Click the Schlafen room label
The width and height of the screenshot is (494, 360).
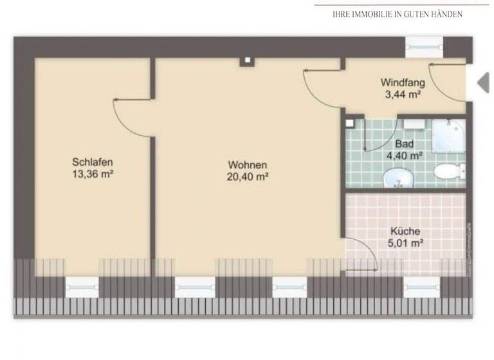pyautogui.click(x=88, y=162)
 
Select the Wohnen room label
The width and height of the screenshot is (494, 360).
pyautogui.click(x=247, y=165)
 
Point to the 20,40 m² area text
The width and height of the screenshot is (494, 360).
pyautogui.click(x=247, y=177)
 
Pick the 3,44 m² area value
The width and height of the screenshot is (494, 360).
pyautogui.click(x=403, y=94)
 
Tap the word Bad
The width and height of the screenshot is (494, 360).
pyautogui.click(x=404, y=144)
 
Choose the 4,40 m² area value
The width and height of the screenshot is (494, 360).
pyautogui.click(x=404, y=155)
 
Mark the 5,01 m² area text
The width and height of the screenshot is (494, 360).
pyautogui.click(x=405, y=243)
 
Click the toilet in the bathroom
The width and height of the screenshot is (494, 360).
pyautogui.click(x=448, y=171)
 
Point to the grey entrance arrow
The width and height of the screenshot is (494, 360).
pyautogui.click(x=482, y=82)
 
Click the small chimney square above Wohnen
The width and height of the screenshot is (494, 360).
pyautogui.click(x=246, y=62)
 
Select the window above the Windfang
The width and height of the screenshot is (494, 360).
pyautogui.click(x=425, y=46)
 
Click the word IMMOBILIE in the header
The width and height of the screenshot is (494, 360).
pyautogui.click(x=381, y=14)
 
